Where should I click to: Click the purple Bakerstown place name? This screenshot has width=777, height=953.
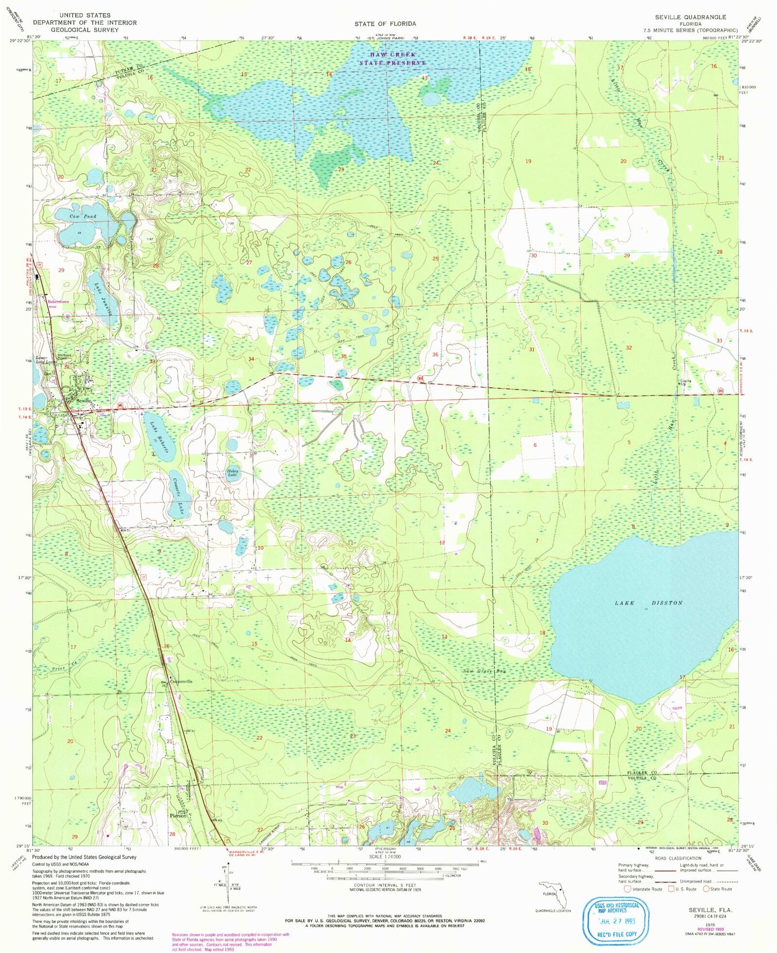point(59,302)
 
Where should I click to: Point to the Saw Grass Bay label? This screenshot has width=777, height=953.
point(485,671)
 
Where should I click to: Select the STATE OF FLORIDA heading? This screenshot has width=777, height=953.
point(384,24)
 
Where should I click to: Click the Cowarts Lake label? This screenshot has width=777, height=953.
point(176,494)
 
